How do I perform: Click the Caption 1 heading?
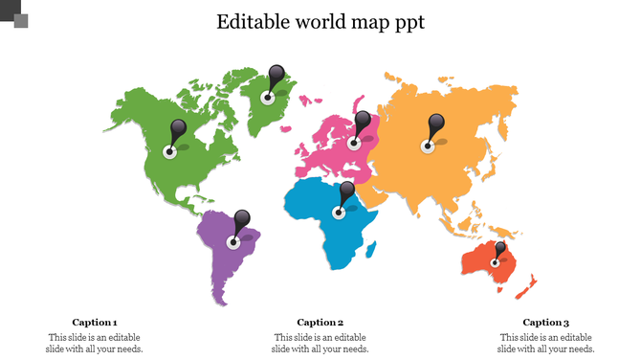(95, 323)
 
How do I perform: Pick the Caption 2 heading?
(320, 323)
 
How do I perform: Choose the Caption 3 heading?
(545, 323)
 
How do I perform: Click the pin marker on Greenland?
(276, 77)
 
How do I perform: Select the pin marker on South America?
(243, 220)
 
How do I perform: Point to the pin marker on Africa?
(347, 193)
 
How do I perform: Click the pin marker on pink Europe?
(362, 124)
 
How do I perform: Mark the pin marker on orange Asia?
(436, 125)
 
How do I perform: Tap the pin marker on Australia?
(499, 250)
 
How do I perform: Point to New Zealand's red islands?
(528, 284)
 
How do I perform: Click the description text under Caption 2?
(320, 343)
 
